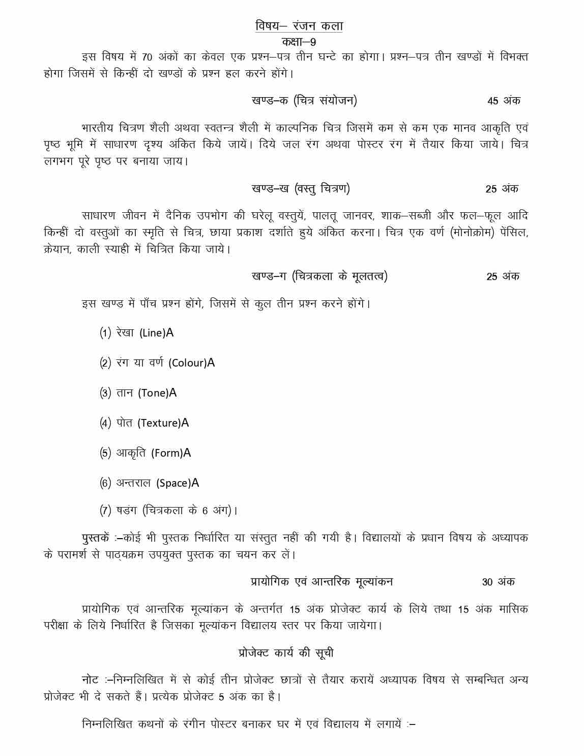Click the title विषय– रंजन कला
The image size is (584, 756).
299,26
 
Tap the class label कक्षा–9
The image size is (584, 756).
299,42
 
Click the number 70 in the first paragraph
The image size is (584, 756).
147,57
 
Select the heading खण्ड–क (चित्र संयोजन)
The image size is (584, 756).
304,100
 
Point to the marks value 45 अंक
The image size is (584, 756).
504,101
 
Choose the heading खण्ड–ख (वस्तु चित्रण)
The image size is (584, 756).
301,189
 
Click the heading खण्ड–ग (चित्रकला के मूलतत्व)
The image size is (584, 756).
319,276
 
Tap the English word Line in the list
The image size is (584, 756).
152,333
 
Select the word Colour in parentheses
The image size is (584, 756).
188,363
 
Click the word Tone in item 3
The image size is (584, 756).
154,394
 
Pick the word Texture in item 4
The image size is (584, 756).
160,424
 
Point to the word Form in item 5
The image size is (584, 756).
167,454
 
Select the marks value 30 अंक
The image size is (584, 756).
499,581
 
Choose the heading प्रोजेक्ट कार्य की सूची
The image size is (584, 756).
286,653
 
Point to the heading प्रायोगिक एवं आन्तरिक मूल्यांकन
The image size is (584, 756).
322,581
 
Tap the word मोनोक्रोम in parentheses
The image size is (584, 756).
472,233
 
